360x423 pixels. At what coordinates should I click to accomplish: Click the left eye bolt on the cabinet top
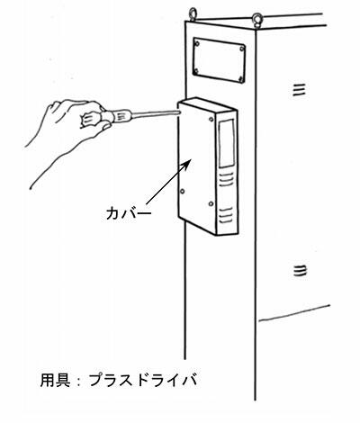193,14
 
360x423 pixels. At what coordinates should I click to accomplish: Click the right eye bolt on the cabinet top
257,19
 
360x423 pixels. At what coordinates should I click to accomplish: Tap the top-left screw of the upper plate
197,44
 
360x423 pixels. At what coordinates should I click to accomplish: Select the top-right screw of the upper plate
242,49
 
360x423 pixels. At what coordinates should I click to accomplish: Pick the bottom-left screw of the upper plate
196,71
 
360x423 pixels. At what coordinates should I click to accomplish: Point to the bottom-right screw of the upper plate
241,79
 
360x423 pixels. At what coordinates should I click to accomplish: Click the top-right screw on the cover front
211,120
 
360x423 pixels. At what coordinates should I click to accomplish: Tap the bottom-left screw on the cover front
182,191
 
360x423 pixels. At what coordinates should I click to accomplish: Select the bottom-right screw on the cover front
211,204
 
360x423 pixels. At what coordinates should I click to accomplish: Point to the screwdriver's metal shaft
156,113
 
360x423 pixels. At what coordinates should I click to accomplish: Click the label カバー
129,213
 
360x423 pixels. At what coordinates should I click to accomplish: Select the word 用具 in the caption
56,380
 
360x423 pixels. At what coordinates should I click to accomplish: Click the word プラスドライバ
143,380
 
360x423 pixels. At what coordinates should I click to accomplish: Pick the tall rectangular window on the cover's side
227,143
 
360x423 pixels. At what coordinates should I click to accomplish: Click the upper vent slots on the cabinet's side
299,90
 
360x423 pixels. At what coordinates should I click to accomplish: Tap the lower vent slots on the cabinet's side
300,271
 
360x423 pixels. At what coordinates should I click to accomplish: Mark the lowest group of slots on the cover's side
226,215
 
